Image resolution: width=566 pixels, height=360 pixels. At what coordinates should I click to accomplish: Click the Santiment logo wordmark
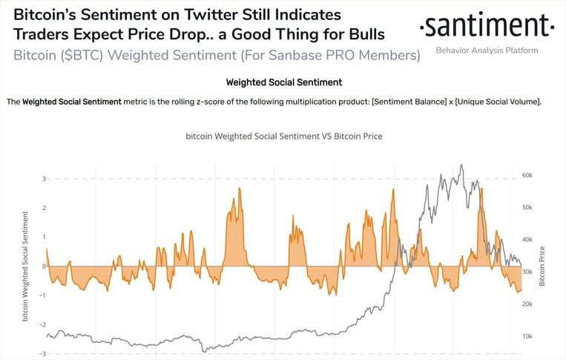[486, 27]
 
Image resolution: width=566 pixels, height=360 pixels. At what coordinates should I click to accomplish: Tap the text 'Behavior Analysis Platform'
[486, 50]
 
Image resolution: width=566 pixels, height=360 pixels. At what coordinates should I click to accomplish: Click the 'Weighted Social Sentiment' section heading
[283, 82]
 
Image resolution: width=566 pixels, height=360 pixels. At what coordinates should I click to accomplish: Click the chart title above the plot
[283, 137]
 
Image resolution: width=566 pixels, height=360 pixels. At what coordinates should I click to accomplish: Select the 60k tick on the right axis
[527, 175]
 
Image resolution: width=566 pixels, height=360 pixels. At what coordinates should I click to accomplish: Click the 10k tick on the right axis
[527, 337]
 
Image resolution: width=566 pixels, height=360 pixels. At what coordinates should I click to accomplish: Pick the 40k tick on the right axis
[527, 240]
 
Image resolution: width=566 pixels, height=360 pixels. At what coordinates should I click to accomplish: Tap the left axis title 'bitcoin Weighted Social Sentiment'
[26, 266]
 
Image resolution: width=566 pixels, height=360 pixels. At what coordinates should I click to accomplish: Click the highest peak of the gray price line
[461, 165]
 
